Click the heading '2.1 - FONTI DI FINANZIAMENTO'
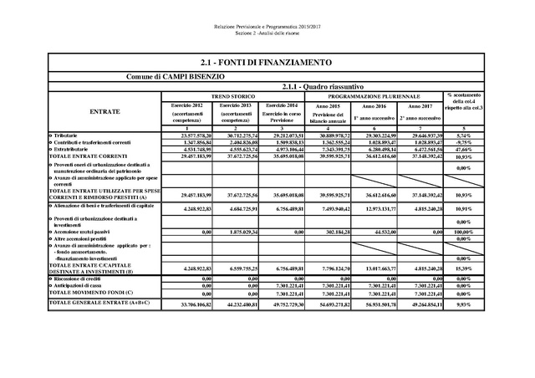(x=267, y=64)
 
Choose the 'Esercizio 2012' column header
(x=186, y=106)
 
